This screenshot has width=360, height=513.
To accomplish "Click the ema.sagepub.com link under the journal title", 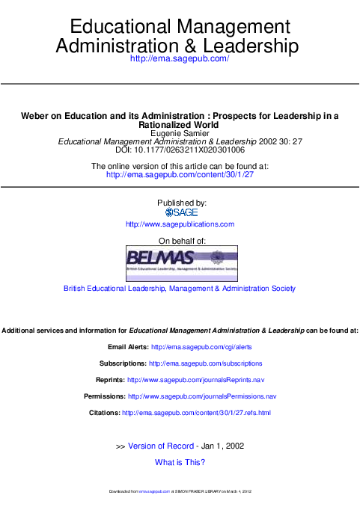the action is coord(180,58).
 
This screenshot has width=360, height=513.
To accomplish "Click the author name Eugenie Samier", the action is coord(180,133).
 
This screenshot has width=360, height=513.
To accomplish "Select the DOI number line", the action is coord(180,150).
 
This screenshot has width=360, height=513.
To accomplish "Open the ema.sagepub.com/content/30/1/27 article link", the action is coord(180,174).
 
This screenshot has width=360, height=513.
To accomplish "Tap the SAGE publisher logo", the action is coord(180,213).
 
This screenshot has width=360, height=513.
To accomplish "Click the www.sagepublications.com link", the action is coord(180,224).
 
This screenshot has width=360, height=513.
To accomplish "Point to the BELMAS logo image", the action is coord(180,262).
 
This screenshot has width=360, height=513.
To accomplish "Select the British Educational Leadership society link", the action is coord(180,288).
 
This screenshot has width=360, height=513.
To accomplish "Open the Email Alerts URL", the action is coord(201,347).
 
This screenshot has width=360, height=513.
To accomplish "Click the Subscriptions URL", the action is coord(206,363).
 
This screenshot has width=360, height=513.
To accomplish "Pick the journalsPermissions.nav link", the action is coord(202,396).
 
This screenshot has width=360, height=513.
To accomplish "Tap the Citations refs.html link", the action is coord(196,413).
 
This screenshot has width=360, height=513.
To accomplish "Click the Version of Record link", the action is coord(162,446).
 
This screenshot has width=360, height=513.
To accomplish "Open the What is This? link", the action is coord(180,462).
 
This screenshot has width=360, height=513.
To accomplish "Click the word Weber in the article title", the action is coord(34,116).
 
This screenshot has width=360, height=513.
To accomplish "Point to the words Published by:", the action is coord(180,203).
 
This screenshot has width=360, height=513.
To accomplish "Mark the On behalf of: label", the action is coord(180,241).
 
